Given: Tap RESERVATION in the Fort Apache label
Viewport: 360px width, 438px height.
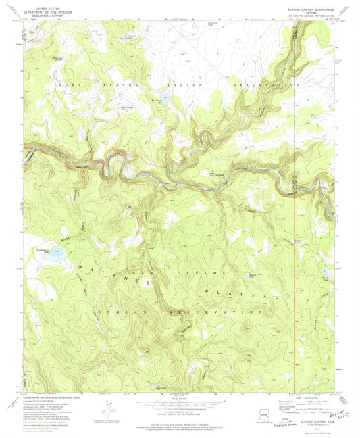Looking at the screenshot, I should click(x=265, y=86).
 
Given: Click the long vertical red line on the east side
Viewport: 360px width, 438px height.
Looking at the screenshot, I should click(x=297, y=270).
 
